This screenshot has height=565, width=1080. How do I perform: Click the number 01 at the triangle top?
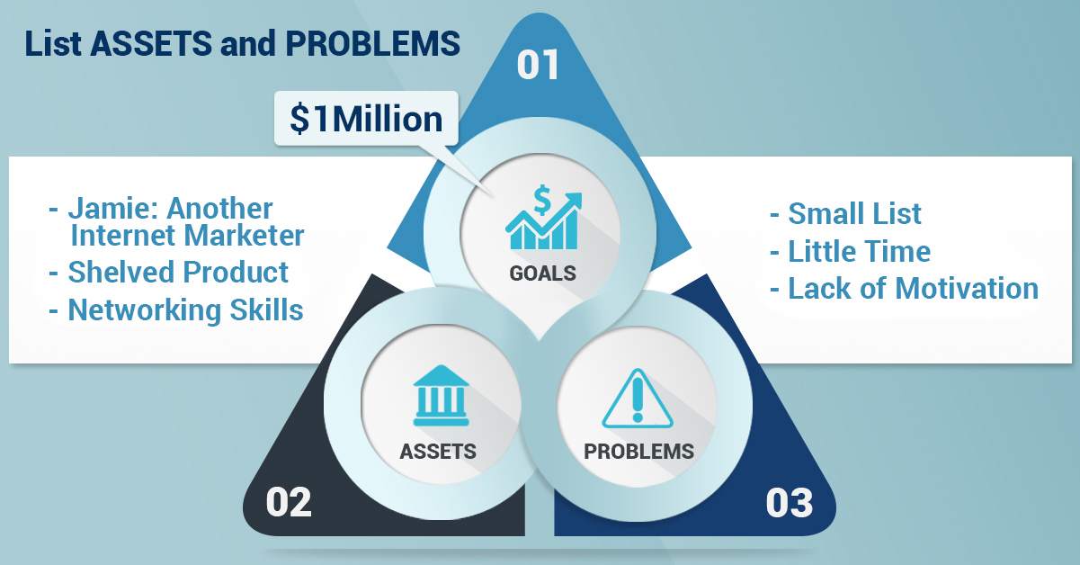pyautogui.click(x=538, y=65)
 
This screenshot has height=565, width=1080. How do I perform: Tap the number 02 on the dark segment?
pyautogui.click(x=289, y=502)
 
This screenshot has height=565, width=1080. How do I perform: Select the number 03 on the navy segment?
pyautogui.click(x=790, y=503)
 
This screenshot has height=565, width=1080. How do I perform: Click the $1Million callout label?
pyautogui.click(x=366, y=119)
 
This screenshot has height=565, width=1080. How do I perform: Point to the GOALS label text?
pyautogui.click(x=542, y=274)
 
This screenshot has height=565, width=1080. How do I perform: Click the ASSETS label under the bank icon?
pyautogui.click(x=438, y=452)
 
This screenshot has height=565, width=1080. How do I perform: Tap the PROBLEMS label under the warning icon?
pyautogui.click(x=638, y=452)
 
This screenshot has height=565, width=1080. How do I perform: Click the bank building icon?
pyautogui.click(x=441, y=396)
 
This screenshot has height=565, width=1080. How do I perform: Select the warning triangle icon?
pyautogui.click(x=638, y=399)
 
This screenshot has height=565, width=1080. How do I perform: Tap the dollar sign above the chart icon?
pyautogui.click(x=542, y=200)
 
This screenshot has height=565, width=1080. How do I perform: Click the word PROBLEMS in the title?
pyautogui.click(x=372, y=43)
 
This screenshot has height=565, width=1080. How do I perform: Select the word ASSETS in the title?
pyautogui.click(x=151, y=43)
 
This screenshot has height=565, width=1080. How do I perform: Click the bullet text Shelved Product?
pyautogui.click(x=178, y=272)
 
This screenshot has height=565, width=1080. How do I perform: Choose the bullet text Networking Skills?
pyautogui.click(x=185, y=309)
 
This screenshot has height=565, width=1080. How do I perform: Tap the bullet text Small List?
pyautogui.click(x=854, y=214)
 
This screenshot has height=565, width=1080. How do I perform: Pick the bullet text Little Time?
pyautogui.click(x=859, y=251)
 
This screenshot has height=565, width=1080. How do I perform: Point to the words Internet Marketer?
pyautogui.click(x=188, y=236)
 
